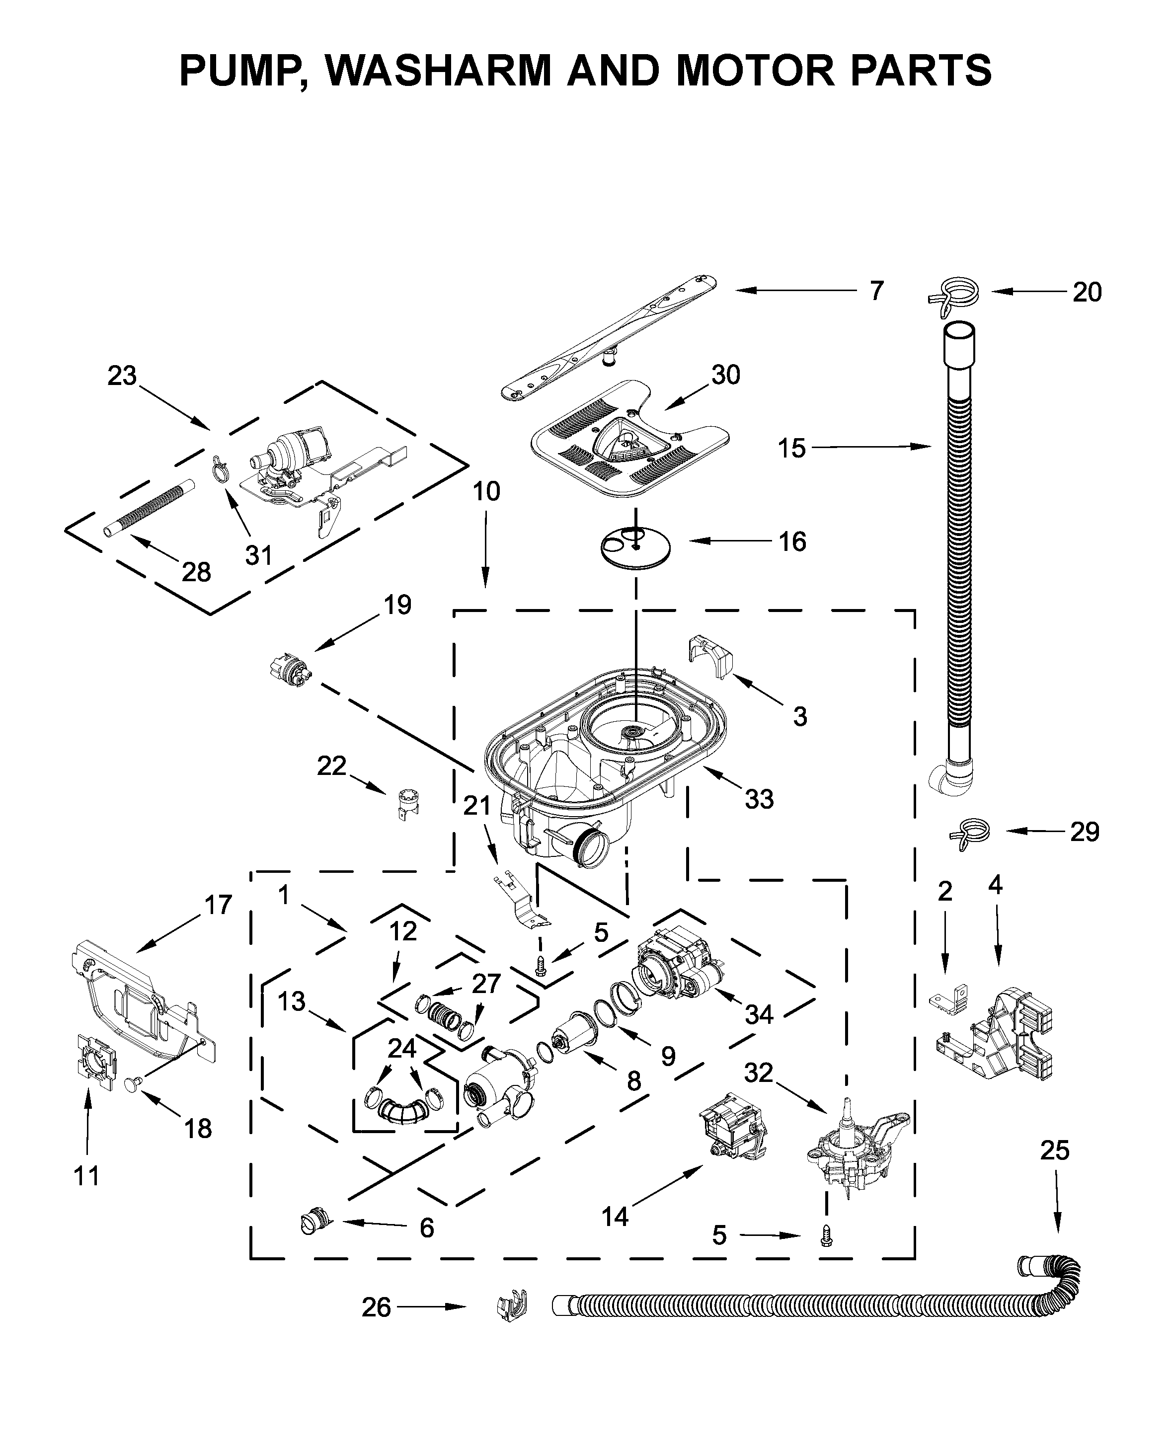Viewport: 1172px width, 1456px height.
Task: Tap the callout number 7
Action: (876, 291)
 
